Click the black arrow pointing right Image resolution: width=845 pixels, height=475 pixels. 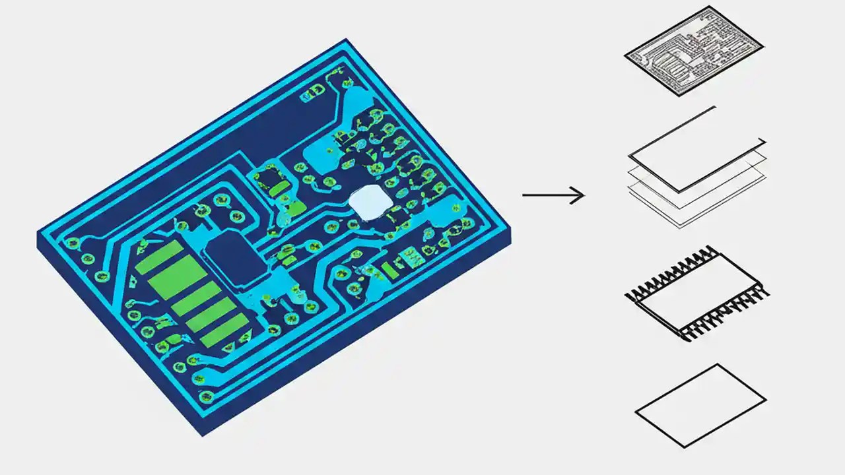tap(553, 195)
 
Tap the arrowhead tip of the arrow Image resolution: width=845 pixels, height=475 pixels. tap(584, 195)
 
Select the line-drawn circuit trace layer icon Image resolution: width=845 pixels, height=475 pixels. tap(694, 51)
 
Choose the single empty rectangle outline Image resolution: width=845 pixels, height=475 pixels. tap(700, 405)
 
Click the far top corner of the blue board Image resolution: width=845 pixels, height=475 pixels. tap(346, 41)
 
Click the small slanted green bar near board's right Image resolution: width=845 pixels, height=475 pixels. tap(391, 270)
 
